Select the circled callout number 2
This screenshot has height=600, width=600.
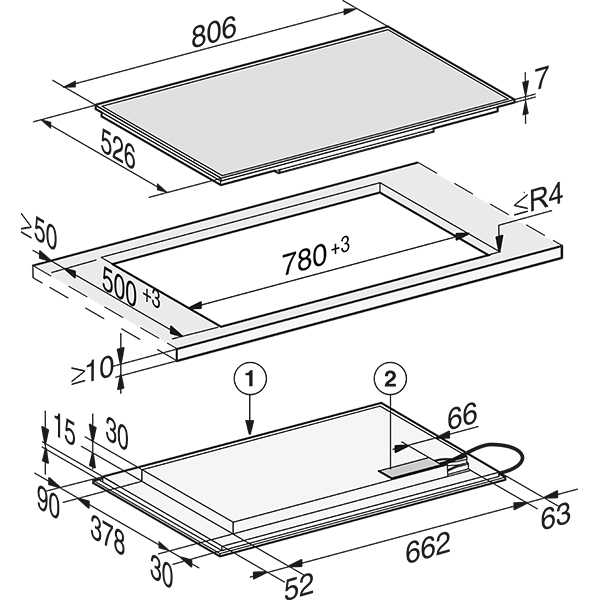point(390,379)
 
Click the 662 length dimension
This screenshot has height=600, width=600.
point(427,546)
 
